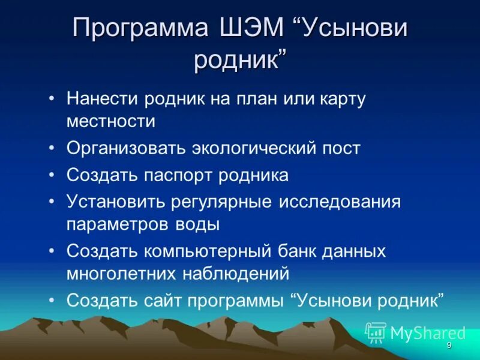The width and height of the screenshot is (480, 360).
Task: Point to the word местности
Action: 111,121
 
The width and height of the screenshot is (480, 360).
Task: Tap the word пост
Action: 341,148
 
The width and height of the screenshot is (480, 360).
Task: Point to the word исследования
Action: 339,202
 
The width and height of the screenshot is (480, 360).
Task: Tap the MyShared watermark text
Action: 427,333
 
